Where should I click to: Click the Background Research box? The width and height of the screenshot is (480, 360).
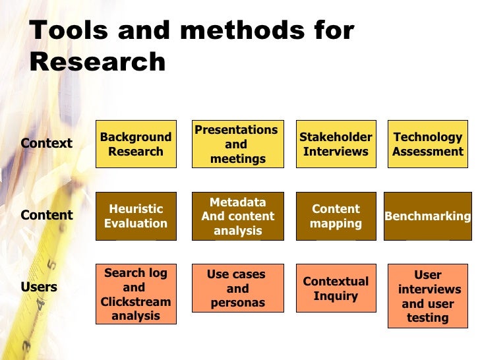tap(136, 144)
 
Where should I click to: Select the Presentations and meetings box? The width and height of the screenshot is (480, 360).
tap(236, 144)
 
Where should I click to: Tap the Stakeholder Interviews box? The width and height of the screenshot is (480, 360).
tap(336, 144)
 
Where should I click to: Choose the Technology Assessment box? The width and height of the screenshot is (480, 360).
tap(427, 144)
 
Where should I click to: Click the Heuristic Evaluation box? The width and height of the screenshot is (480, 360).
tap(136, 216)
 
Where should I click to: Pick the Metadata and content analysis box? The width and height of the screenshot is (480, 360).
tap(237, 216)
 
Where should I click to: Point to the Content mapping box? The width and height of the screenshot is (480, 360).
tap(336, 216)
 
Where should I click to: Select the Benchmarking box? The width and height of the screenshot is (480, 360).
tap(427, 216)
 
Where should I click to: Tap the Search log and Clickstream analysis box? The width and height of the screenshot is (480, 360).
tap(136, 294)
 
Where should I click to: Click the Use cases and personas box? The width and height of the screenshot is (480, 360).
tap(237, 289)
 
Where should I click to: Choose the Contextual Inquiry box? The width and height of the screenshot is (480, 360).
tap(336, 289)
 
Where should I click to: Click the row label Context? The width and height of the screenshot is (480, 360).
tap(46, 143)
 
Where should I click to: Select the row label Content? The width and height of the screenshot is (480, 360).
tap(46, 215)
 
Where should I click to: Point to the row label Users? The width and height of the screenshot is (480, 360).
tap(39, 287)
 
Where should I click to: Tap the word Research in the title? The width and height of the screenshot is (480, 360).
tap(98, 62)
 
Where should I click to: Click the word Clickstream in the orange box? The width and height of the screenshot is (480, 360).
tap(136, 302)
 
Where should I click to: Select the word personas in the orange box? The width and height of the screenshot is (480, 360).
tap(237, 303)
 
